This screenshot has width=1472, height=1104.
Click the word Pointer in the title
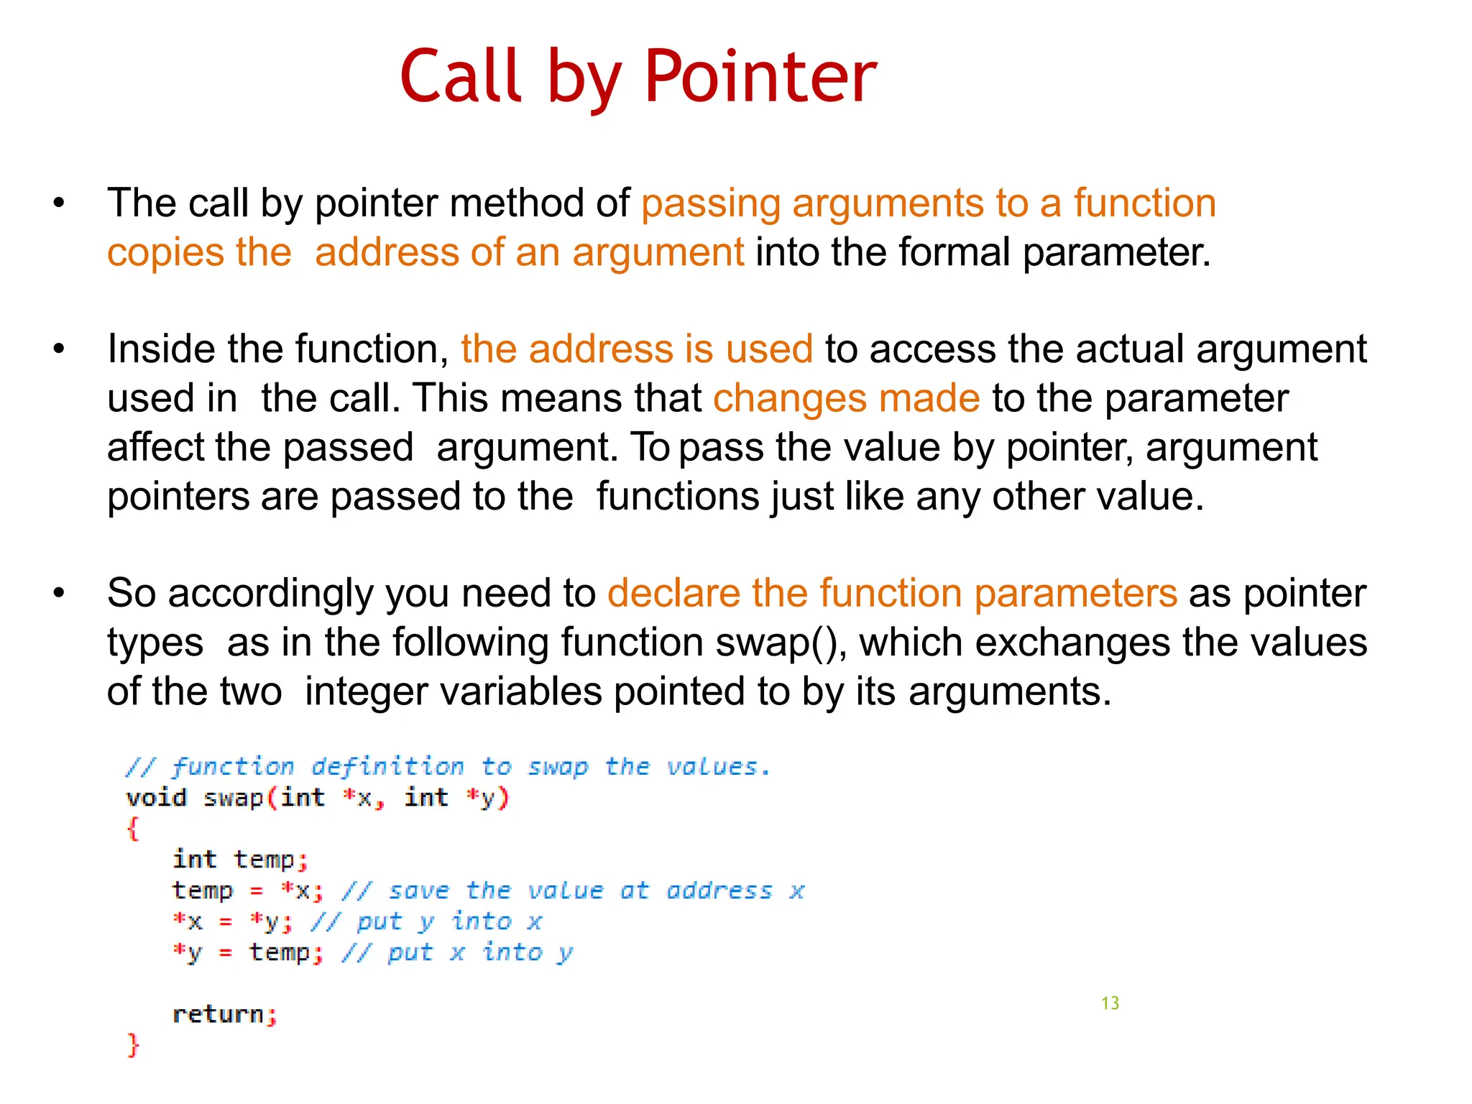coord(760,76)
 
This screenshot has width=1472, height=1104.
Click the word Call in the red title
coord(460,76)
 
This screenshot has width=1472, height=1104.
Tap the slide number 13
coord(1110,1003)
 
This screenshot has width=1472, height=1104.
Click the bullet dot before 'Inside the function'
coord(59,350)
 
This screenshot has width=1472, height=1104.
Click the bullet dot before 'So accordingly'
coord(59,594)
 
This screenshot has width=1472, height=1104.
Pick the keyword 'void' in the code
coord(156,798)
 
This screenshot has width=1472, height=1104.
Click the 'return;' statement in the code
coord(224,1014)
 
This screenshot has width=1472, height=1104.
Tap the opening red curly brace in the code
coord(133,829)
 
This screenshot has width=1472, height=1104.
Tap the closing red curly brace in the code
coord(133,1044)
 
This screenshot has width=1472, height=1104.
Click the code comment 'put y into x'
coord(448,922)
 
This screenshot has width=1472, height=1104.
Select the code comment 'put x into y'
coord(479,953)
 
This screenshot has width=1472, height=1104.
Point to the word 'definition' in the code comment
coord(388,767)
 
